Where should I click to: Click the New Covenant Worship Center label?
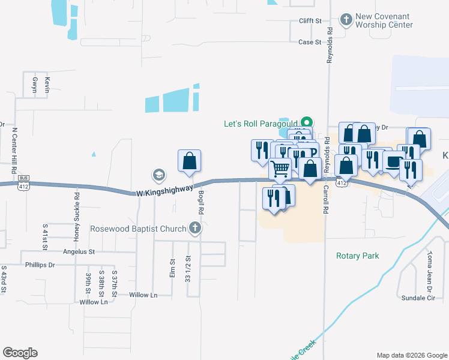pyautogui.click(x=384, y=21)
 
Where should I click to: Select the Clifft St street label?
pyautogui.click(x=310, y=20)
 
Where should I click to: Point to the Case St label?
pyautogui.click(x=310, y=43)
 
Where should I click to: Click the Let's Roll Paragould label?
pyautogui.click(x=261, y=124)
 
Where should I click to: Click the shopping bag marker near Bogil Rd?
pyautogui.click(x=189, y=161)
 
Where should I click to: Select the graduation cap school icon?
pyautogui.click(x=158, y=175)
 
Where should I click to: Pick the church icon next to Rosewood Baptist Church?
pyautogui.click(x=194, y=228)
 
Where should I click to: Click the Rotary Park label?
pyautogui.click(x=357, y=256)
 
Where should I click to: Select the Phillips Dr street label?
pyautogui.click(x=40, y=265)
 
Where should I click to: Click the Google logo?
pyautogui.click(x=20, y=353)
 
